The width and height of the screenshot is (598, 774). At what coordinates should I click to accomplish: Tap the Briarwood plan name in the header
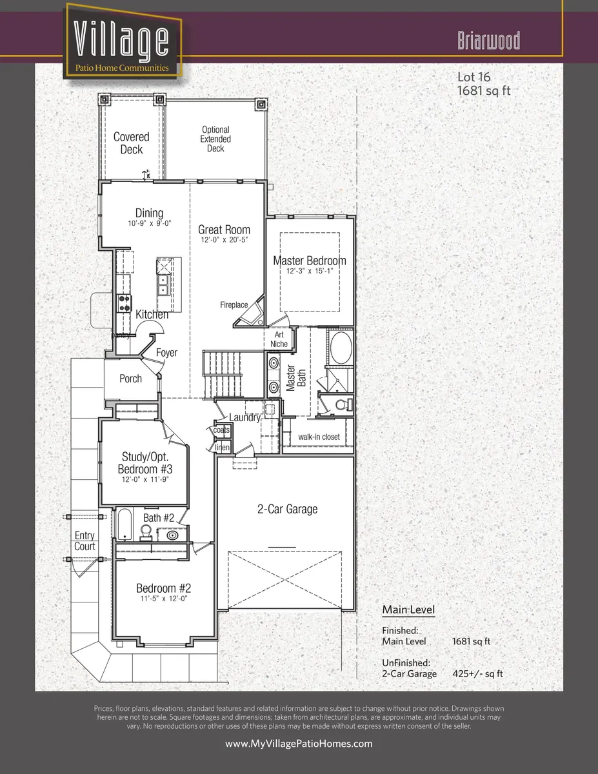488,41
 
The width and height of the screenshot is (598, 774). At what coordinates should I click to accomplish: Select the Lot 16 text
473,77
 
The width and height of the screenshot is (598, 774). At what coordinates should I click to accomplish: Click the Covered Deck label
131,143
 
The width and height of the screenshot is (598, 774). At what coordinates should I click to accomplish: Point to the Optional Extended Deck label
215,139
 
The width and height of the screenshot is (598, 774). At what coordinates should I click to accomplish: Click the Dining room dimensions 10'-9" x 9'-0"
149,224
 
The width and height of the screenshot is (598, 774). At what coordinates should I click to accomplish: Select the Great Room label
224,230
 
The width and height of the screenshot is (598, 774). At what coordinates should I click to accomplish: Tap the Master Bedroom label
309,261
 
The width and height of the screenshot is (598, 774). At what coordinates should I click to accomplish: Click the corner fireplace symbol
250,312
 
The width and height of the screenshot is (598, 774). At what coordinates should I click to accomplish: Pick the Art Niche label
279,339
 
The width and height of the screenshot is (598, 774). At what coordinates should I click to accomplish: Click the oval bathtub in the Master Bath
340,348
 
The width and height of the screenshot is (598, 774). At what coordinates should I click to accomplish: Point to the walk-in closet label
319,437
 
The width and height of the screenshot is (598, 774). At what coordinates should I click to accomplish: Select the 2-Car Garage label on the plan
287,509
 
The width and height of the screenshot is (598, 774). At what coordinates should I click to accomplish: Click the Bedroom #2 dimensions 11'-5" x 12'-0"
163,599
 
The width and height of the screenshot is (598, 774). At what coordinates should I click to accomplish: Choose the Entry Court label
85,541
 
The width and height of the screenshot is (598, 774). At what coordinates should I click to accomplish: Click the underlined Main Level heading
408,610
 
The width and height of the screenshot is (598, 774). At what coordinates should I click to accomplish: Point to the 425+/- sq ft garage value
477,673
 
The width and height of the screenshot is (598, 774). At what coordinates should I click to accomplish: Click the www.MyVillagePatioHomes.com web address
299,744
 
